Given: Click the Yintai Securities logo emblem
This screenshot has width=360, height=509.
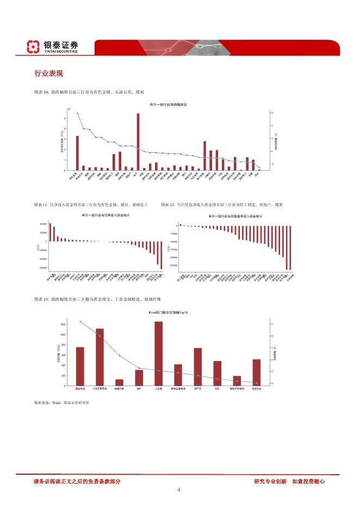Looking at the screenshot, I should (34, 47).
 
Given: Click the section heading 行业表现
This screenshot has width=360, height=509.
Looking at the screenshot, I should (48, 73).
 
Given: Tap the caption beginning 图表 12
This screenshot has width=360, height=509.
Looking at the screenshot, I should (222, 205).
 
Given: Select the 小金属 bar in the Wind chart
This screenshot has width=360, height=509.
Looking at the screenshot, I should (158, 353).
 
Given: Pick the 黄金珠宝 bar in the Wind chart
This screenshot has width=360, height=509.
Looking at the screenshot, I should (80, 366).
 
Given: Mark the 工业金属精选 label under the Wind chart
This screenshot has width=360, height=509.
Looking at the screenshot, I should (100, 389).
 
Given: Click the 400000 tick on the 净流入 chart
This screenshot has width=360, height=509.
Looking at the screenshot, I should (43, 224).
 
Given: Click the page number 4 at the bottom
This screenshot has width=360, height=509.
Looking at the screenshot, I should (179, 489).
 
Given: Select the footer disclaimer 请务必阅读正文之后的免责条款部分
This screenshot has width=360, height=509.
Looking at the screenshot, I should (77, 481).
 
